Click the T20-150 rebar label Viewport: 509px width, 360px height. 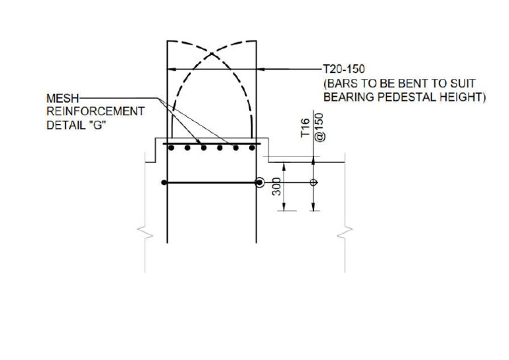pos(344,68)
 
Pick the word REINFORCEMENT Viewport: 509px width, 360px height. pos(95,111)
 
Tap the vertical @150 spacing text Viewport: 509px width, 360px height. pos(319,126)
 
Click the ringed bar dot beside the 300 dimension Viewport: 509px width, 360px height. pos(260,182)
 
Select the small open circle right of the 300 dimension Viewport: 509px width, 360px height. pos(313,182)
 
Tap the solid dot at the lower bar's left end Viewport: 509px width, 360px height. pos(164,182)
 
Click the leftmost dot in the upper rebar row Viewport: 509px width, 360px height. pos(172,148)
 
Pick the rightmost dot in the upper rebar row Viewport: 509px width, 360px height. pos(252,148)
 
